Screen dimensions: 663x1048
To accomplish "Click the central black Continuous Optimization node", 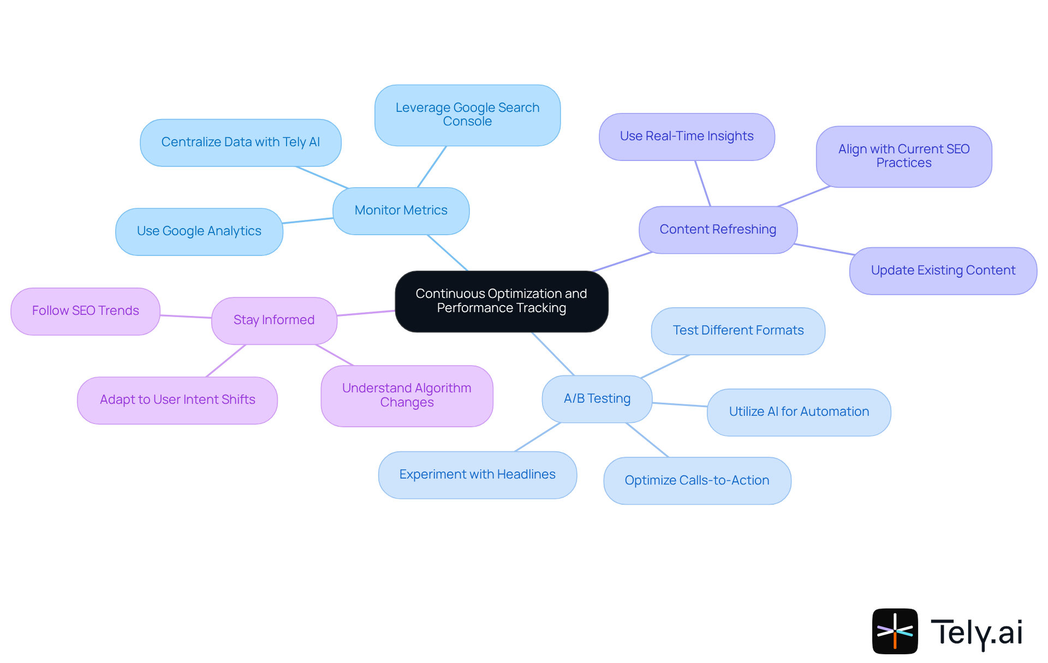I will pos(501,301).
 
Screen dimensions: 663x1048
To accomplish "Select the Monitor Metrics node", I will pos(401,211).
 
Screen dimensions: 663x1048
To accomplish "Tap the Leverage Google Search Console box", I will pos(467,115).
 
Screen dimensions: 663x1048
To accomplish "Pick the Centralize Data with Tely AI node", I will pos(240,142).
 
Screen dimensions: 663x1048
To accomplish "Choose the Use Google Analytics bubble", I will pos(199,231).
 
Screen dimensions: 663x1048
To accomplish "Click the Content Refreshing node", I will pos(717,230).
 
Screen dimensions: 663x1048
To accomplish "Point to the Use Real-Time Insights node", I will pos(686,136).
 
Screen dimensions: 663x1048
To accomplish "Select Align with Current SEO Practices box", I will pos(903,157).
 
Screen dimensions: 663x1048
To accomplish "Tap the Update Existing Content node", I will pos(943,271).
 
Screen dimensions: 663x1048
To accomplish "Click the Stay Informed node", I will pos(273,320).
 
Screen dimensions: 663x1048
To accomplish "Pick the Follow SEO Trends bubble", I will pos(85,311).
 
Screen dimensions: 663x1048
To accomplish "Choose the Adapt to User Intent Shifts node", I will pos(177,400).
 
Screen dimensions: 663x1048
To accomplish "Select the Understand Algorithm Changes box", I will pos(407,396).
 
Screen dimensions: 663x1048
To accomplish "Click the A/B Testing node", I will pos(597,399).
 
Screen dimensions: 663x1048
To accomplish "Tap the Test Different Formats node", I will pos(737,331).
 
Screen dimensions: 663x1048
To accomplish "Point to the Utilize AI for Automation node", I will pos(799,412).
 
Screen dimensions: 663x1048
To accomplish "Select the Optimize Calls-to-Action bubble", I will pos(696,481).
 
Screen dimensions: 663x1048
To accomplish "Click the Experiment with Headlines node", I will pos(477,475).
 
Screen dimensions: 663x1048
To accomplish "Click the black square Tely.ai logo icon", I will pos(895,631).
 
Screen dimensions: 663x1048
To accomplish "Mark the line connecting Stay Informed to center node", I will pos(366,313).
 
